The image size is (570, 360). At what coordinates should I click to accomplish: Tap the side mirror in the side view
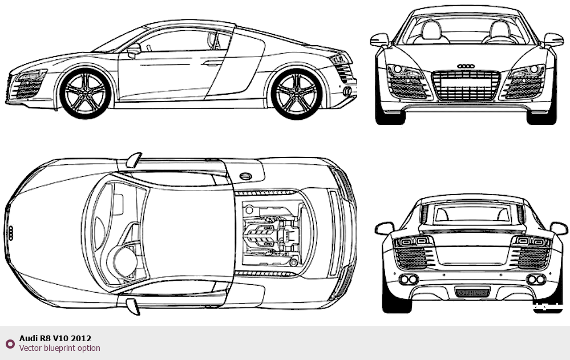(x=134, y=50)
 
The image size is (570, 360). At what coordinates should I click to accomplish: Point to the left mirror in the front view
(x=379, y=40)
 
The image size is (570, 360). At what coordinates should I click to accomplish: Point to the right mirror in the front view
(x=553, y=40)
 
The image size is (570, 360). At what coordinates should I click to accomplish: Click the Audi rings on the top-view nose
(x=10, y=233)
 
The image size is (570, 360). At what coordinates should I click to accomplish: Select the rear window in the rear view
(x=471, y=213)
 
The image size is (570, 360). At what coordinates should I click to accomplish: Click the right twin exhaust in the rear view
(x=536, y=279)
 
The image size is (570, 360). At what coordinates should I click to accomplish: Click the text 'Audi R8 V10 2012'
(x=55, y=338)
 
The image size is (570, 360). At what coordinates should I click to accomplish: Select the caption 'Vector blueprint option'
(x=59, y=348)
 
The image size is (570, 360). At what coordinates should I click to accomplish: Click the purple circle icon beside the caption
(x=10, y=343)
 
